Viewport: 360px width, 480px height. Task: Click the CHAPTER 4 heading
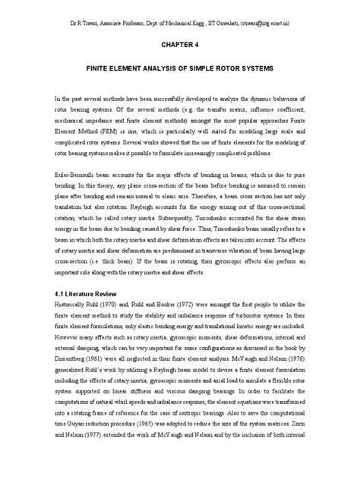(x=179, y=45)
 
